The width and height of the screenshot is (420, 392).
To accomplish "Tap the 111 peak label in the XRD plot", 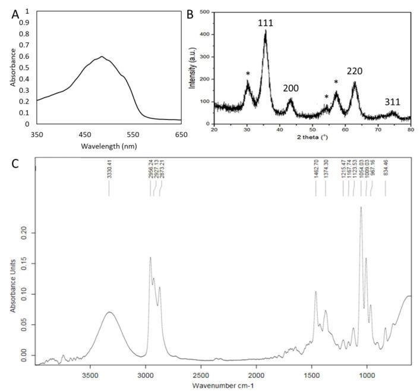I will pyautogui.click(x=265, y=23).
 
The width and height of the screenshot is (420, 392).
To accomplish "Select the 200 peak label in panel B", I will pyautogui.click(x=290, y=89).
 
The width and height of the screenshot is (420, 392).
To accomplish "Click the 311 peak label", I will pyautogui.click(x=391, y=102).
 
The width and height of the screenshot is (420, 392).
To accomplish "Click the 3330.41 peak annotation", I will pyautogui.click(x=109, y=175).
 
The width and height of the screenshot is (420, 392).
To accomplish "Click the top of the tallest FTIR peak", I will pyautogui.click(x=361, y=207).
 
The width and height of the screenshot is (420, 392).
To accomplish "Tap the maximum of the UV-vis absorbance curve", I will pyautogui.click(x=102, y=57).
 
